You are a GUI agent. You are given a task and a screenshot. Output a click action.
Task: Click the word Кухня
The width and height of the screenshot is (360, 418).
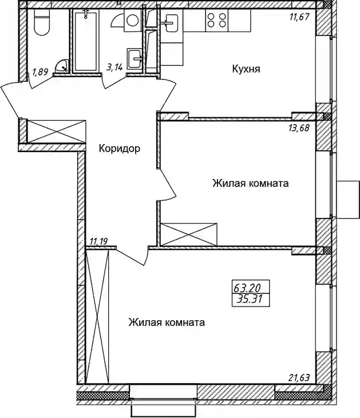[x=246, y=69]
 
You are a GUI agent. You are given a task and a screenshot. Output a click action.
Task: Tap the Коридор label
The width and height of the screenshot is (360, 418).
[x=119, y=149]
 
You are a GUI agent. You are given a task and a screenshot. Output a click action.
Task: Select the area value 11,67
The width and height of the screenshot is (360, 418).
[x=299, y=17]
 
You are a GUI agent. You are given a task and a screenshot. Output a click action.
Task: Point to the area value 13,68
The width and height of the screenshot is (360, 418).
[x=299, y=128]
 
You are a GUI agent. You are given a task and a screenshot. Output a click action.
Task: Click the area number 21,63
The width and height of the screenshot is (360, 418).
[x=299, y=378]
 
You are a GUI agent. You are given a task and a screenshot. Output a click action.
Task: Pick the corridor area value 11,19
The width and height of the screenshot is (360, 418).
[x=99, y=242]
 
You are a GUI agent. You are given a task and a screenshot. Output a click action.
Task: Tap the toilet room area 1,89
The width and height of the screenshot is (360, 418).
[x=40, y=72]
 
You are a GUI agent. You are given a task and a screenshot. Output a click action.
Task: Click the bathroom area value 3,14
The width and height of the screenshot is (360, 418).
[x=114, y=67]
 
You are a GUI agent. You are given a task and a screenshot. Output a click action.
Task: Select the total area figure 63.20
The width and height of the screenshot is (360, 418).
[x=247, y=288]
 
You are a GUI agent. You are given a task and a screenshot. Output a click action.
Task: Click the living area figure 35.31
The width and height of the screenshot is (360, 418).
[x=250, y=299]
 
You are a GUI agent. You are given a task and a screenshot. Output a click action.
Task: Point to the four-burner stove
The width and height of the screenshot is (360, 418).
[x=217, y=20]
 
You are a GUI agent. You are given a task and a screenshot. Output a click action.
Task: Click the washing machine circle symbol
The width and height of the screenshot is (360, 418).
[x=132, y=20]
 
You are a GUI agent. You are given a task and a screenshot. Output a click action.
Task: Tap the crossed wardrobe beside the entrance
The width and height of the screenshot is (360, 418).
[x=56, y=132]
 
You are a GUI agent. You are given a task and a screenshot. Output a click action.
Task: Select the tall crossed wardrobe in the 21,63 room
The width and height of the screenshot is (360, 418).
[x=97, y=316]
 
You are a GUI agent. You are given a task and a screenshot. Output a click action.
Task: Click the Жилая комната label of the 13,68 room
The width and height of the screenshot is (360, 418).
[x=250, y=184]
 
